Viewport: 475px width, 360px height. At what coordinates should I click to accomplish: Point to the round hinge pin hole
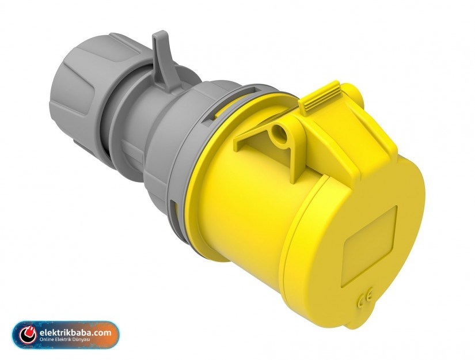tap(279, 133)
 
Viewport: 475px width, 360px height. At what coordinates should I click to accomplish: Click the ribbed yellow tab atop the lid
tap(319, 98)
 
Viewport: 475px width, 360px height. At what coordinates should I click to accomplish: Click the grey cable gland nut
tap(82, 88)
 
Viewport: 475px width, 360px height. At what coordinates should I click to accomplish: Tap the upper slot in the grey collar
tap(230, 104)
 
